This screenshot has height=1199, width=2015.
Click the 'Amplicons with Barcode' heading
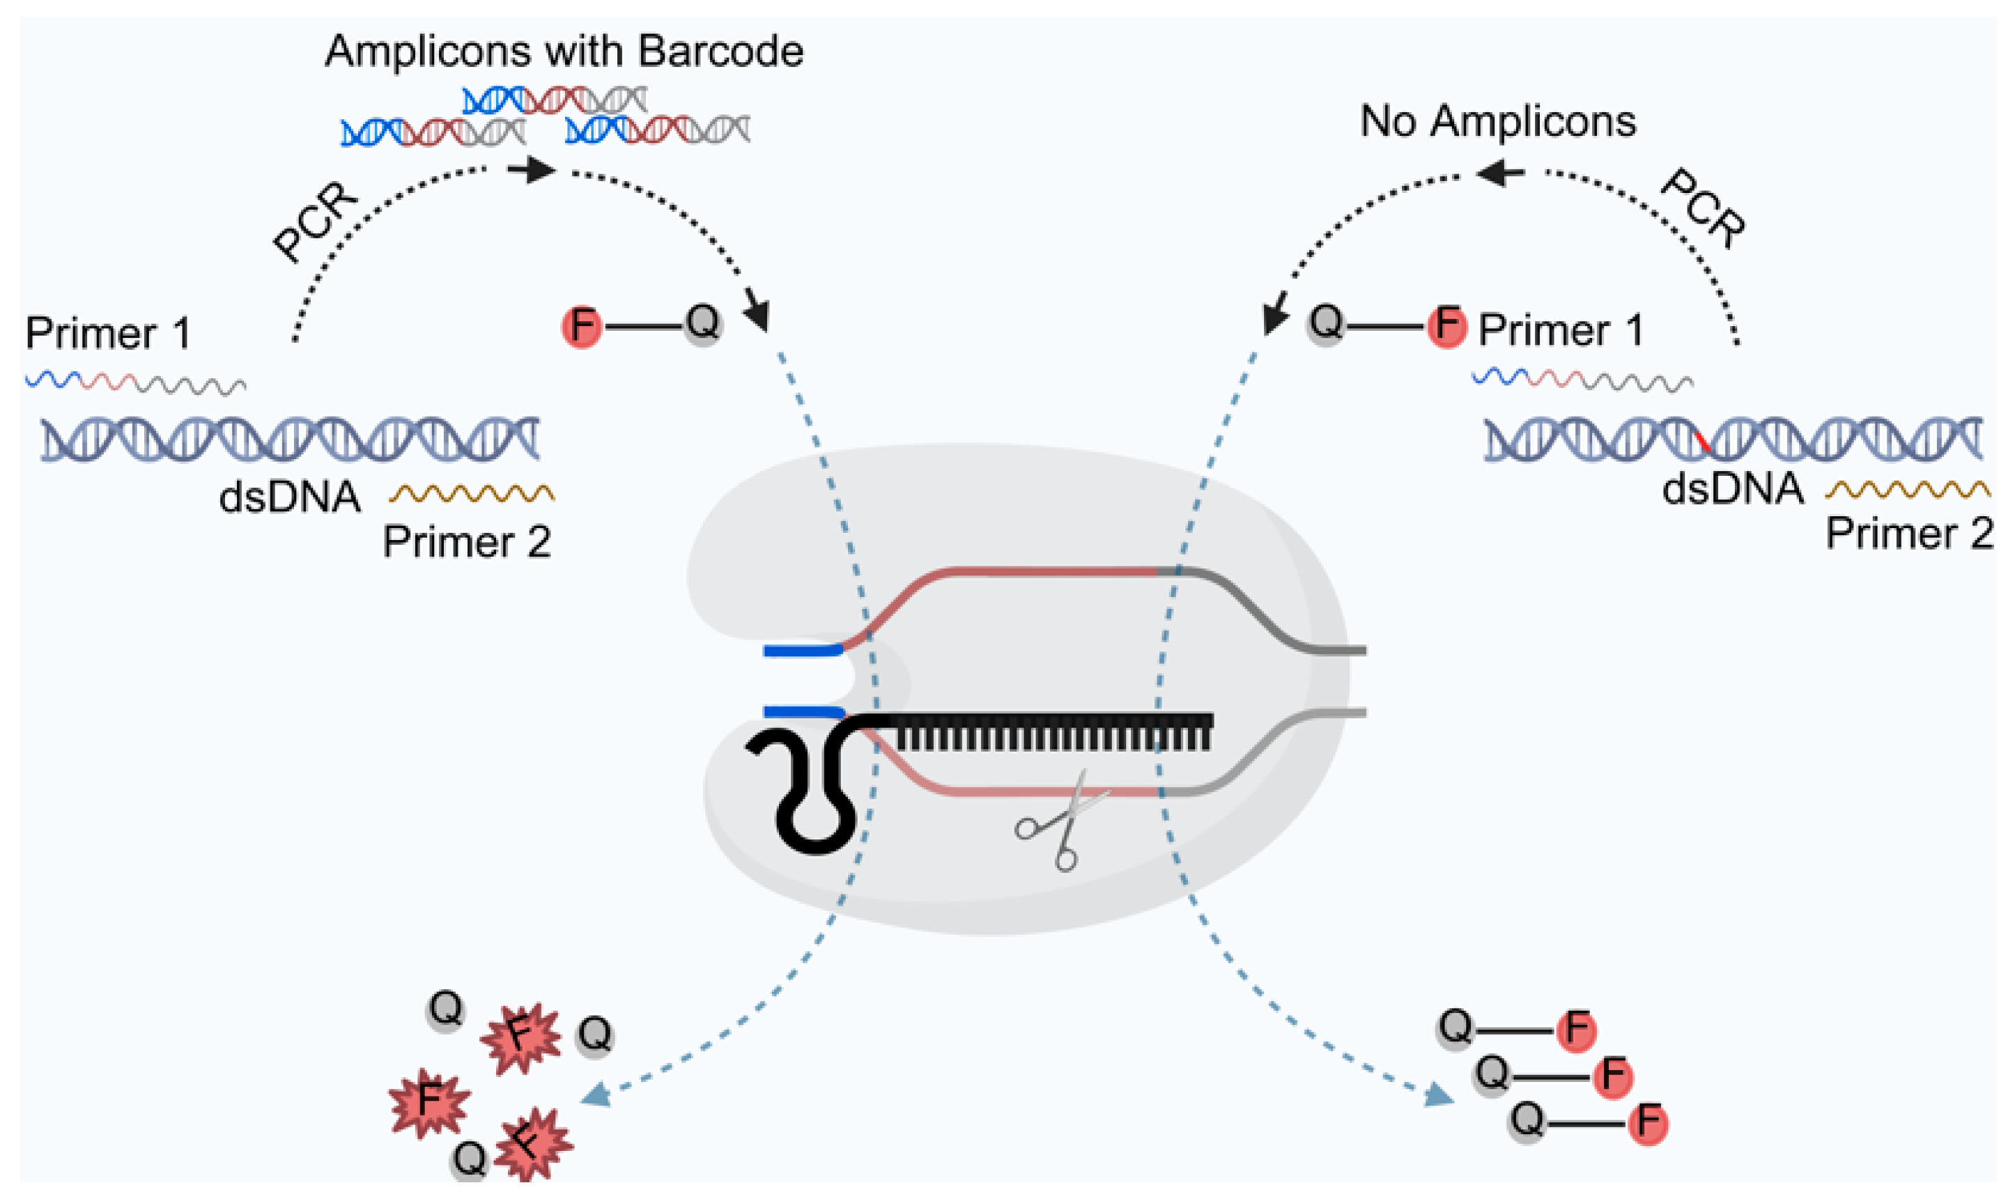point(564,52)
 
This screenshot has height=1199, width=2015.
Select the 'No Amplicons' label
point(1498,122)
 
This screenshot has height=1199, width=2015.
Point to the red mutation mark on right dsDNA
point(1701,442)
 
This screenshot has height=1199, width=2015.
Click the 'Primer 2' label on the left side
point(467,541)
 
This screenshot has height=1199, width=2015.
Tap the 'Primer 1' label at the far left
point(108,333)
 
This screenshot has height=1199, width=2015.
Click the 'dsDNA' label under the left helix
point(289,497)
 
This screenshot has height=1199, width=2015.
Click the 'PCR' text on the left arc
point(315,222)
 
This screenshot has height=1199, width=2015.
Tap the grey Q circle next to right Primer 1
point(1326,324)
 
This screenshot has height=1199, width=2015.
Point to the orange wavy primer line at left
point(471,493)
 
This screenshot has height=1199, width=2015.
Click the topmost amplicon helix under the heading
point(554,101)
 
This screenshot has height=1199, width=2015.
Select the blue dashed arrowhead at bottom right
point(1438,1097)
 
